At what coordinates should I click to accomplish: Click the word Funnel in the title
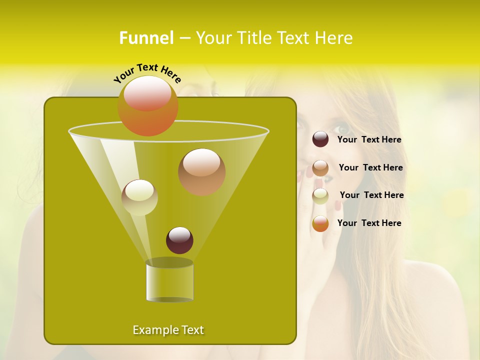[146, 38]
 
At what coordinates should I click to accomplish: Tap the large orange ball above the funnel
[148, 105]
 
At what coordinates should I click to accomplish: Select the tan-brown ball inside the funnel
[201, 172]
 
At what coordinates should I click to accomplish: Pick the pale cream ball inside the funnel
[139, 197]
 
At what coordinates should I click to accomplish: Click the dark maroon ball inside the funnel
[179, 240]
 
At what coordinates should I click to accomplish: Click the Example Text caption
[168, 330]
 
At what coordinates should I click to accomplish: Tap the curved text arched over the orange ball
[147, 72]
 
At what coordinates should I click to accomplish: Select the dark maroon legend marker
[320, 139]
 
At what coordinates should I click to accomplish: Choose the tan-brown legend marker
[320, 168]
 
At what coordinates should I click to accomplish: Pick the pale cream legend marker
[320, 195]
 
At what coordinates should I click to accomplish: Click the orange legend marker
[320, 223]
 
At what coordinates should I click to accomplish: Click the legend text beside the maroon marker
[369, 140]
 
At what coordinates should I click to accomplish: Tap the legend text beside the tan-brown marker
[370, 168]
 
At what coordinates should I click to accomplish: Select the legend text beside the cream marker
[371, 195]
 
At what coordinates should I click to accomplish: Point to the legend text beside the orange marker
[369, 223]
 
